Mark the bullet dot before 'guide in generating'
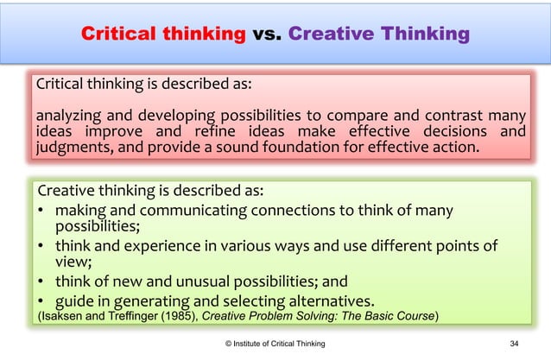click(41, 300)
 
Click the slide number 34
click(515, 344)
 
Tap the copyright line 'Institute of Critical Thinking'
click(279, 344)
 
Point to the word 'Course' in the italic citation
click(413, 315)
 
